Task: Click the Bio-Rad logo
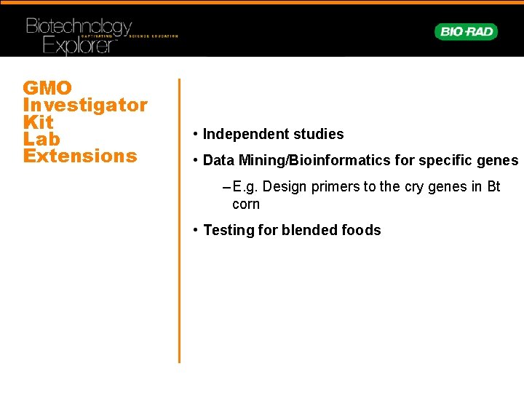(466, 31)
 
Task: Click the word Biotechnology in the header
(79, 28)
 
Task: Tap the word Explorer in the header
(80, 46)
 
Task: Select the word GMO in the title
(47, 88)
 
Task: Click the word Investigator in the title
(85, 105)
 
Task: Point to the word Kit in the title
(38, 122)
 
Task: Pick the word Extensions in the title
(80, 156)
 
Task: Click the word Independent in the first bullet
(244, 134)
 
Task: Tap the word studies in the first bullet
(317, 134)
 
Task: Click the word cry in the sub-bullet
(414, 186)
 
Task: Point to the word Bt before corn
(493, 186)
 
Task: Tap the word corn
(245, 204)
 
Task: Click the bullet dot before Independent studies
(196, 134)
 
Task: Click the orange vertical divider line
(179, 218)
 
